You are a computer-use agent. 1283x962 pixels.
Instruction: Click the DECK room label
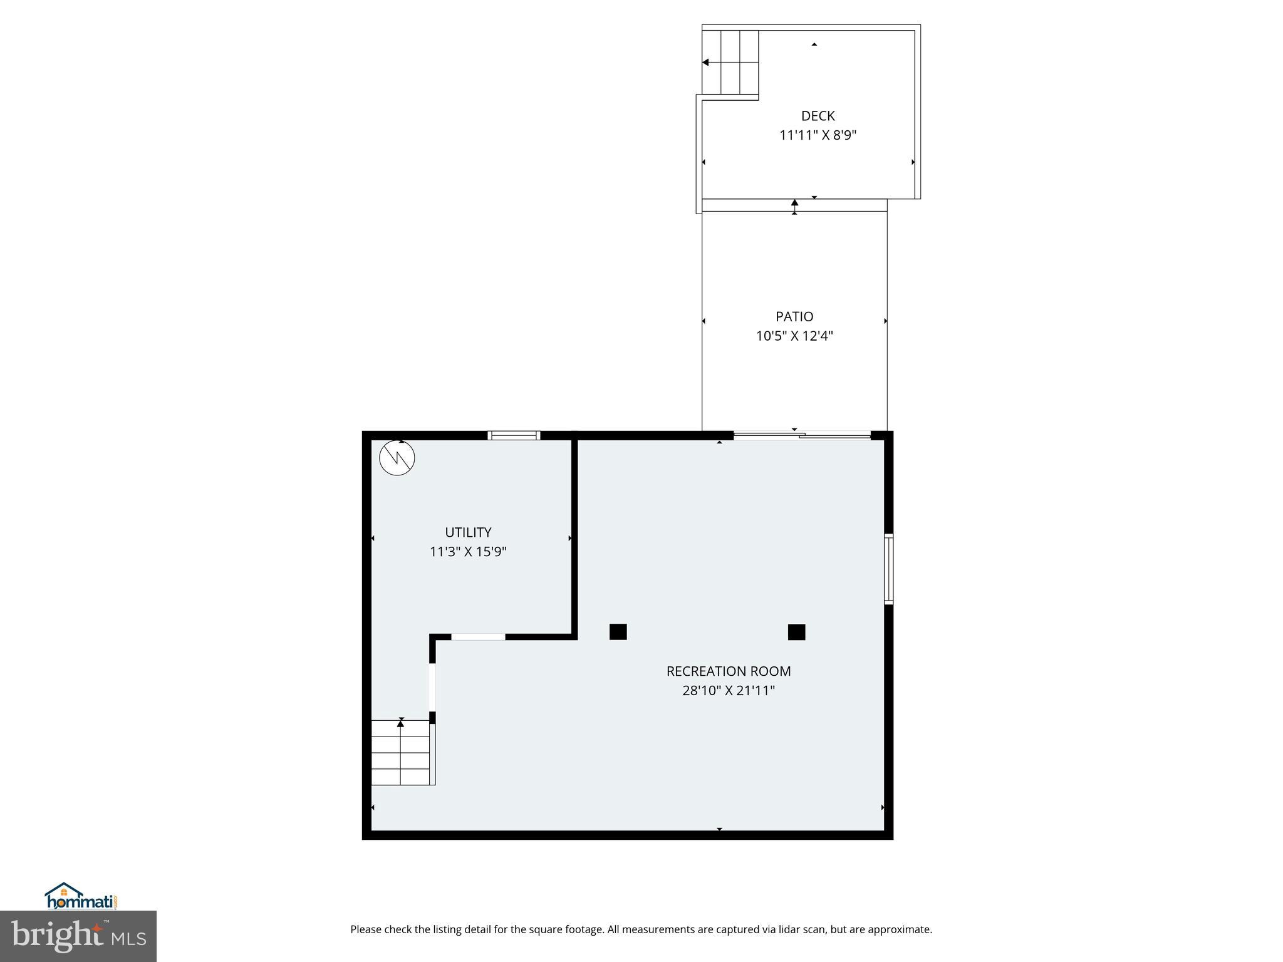[818, 116]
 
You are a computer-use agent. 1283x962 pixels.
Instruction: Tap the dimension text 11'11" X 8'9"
[818, 135]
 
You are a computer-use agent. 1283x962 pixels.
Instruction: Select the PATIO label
[794, 317]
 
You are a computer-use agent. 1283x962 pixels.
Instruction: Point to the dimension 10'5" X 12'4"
[794, 336]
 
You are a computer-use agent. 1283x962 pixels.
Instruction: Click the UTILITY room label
[468, 532]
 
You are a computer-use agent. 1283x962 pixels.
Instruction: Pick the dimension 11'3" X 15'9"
[468, 552]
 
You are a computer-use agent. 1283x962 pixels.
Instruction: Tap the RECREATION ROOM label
[729, 671]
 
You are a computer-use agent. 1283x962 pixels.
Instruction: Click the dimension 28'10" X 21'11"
[729, 691]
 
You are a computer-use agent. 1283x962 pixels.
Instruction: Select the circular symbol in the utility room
[397, 458]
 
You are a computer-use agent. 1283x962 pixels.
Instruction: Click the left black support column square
[618, 632]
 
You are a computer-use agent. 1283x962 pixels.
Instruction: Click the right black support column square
[796, 632]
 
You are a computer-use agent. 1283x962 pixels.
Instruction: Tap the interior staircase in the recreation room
[402, 752]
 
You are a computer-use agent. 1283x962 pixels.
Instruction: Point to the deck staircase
[730, 62]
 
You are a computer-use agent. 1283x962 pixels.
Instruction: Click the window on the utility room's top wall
[514, 435]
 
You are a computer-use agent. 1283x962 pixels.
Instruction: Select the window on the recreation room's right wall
[888, 569]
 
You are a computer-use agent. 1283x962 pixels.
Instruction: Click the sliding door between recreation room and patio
[802, 435]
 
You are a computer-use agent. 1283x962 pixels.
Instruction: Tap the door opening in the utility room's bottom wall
[478, 637]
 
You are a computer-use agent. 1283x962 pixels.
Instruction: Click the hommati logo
[80, 897]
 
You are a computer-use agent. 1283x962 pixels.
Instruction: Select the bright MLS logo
[78, 936]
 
